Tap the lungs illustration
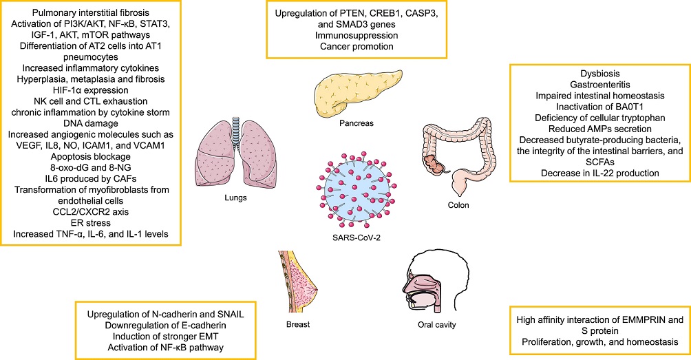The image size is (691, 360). click(235, 152)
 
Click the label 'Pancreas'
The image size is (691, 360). click(357, 123)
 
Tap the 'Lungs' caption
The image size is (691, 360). click(235, 198)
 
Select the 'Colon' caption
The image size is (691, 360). click(458, 205)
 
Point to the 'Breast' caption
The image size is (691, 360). click(298, 324)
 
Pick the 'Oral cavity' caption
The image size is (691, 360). click(437, 325)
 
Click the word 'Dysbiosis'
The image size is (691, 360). click(599, 74)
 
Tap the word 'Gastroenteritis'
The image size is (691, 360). click(599, 85)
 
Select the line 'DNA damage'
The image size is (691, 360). click(91, 123)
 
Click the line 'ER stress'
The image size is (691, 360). click(91, 223)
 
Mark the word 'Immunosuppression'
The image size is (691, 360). click(357, 35)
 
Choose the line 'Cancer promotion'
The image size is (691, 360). click(357, 46)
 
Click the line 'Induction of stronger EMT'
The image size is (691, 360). click(166, 337)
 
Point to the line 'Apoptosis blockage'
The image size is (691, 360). click(91, 156)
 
